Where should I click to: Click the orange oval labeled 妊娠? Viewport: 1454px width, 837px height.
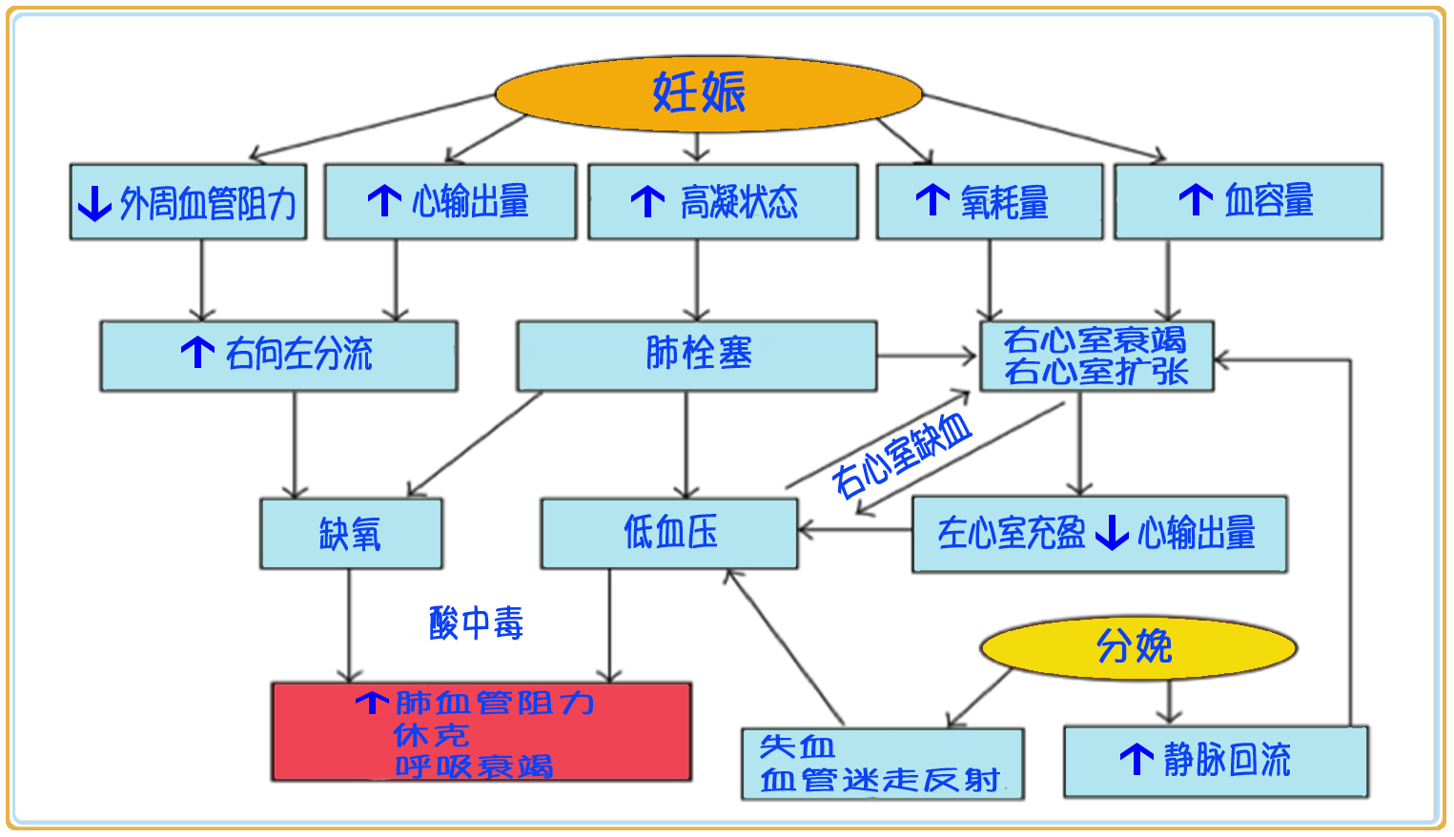[x=708, y=93]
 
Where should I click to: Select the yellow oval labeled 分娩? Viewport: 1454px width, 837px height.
[x=1138, y=647]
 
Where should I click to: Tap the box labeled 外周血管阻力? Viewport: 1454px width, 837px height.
[x=188, y=202]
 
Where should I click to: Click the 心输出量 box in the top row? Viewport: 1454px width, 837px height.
[x=450, y=201]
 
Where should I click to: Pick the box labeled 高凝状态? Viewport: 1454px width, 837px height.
[x=723, y=201]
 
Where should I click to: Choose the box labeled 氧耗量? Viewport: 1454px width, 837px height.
[x=989, y=201]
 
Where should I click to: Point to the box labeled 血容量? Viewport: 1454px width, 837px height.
[x=1247, y=201]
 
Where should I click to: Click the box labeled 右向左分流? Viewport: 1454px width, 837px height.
[x=278, y=355]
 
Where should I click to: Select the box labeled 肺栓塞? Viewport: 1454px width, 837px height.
[x=696, y=355]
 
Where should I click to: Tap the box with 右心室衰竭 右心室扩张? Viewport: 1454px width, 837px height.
[x=1096, y=356]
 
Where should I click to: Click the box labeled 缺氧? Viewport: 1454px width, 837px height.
[x=351, y=534]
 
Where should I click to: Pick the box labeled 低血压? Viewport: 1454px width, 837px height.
[x=669, y=533]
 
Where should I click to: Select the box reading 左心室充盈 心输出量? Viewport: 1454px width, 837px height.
[x=1098, y=534]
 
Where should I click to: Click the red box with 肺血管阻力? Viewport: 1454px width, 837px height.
[x=481, y=732]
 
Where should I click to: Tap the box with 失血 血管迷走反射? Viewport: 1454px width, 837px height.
[x=882, y=764]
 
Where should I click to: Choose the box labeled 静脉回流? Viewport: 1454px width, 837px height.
[x=1215, y=761]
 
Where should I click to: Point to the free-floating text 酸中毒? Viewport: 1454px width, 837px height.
[x=476, y=623]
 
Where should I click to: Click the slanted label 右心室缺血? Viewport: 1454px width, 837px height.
[x=901, y=457]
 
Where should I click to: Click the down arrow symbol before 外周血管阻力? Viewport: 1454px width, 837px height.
[x=94, y=203]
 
